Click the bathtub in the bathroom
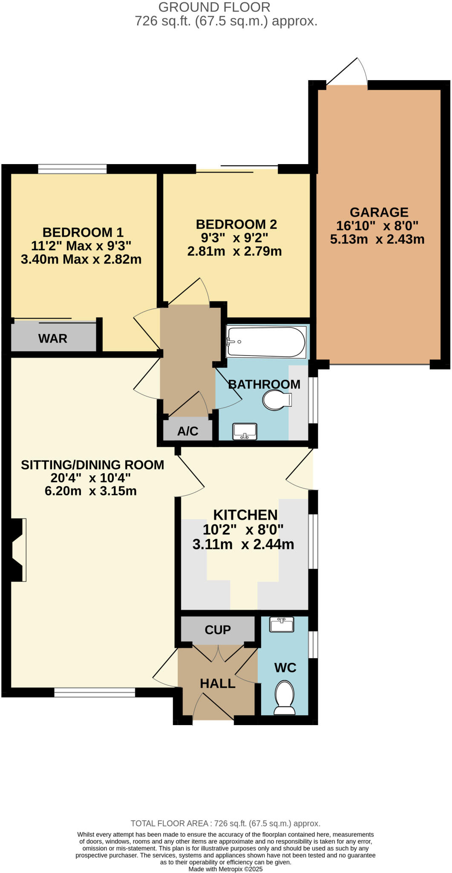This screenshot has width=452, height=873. (266, 341)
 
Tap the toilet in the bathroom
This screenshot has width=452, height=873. (276, 400)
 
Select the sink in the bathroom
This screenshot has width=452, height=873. (245, 431)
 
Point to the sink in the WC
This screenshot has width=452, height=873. (282, 624)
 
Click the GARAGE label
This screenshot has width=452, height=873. (379, 212)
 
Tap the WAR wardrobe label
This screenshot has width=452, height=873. (53, 338)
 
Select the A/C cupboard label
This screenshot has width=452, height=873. (188, 431)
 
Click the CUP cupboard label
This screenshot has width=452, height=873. (218, 630)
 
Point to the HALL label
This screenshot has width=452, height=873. (218, 683)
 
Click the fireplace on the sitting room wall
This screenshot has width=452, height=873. (18, 549)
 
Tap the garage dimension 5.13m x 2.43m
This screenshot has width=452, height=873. (377, 239)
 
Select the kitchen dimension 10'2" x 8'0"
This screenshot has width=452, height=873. (243, 529)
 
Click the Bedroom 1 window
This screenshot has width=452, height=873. (72, 169)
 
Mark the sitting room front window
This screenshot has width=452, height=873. (95, 693)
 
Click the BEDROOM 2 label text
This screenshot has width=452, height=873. (236, 224)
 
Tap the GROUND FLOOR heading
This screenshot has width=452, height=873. (214, 7)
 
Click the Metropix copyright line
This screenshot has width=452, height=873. (225, 869)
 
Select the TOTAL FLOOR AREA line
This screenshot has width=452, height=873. (225, 824)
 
